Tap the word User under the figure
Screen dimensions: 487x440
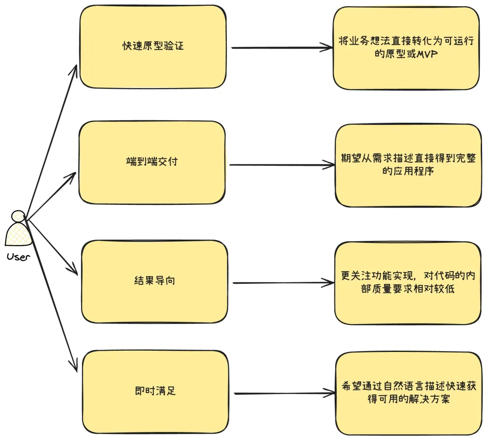click(18, 257)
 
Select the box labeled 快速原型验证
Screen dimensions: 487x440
click(153, 46)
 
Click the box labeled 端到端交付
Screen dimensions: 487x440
click(152, 162)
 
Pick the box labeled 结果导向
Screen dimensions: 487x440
click(154, 282)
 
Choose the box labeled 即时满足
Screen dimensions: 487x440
click(155, 392)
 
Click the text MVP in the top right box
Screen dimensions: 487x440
click(427, 54)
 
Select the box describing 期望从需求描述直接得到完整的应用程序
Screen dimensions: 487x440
click(409, 165)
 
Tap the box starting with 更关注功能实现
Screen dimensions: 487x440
click(408, 283)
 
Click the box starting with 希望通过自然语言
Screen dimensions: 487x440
click(409, 394)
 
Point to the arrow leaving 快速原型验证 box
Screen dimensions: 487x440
click(282, 48)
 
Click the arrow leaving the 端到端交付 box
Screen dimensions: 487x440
click(282, 165)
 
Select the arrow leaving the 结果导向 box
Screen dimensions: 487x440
click(283, 283)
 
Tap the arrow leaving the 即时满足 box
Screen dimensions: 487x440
click(285, 394)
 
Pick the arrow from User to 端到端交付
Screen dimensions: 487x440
click(51, 195)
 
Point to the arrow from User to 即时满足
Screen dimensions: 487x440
click(51, 295)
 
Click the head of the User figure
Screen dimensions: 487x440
click(18, 216)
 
